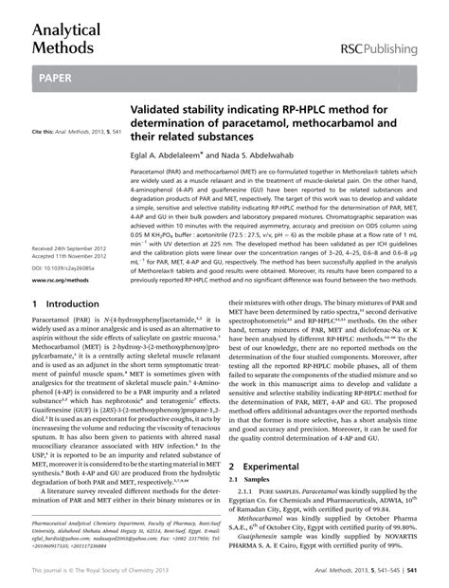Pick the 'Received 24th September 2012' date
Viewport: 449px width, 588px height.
pos(70,247)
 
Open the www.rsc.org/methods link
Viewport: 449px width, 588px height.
pos(62,281)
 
